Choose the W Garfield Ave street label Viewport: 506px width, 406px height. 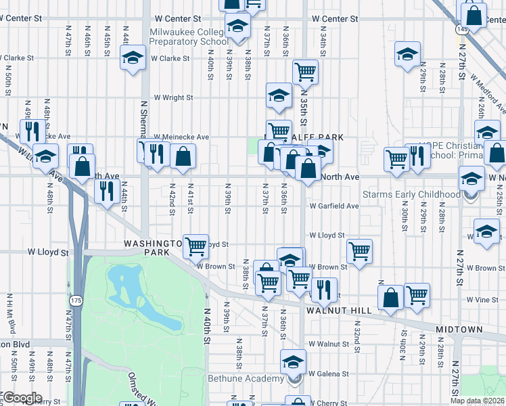[x=334, y=206]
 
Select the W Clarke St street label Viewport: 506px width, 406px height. [x=170, y=59]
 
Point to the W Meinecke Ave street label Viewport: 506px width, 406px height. [x=182, y=137]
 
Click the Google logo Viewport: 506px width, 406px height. [x=22, y=398]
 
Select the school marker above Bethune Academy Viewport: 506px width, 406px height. [x=293, y=362]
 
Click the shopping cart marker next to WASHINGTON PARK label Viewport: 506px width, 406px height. [x=195, y=246]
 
